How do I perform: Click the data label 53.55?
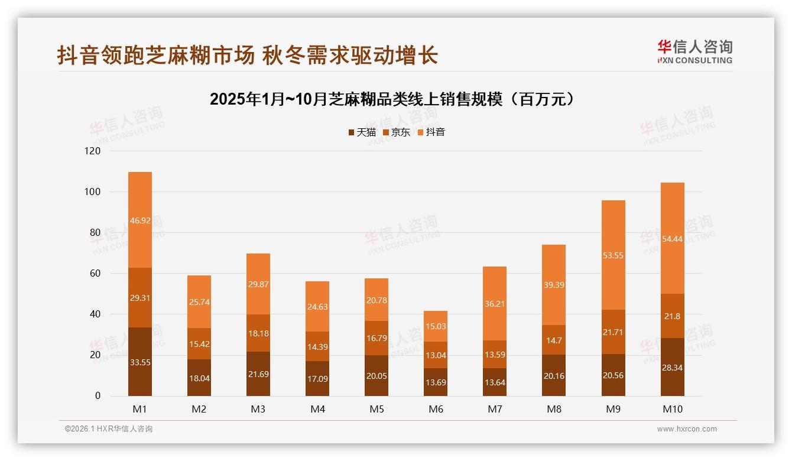click(613, 255)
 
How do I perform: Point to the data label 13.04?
click(436, 355)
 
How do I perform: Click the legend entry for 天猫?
click(362, 132)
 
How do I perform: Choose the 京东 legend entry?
click(397, 132)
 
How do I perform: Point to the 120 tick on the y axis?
click(93, 151)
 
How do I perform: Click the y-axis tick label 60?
click(95, 274)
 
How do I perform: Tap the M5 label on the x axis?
click(376, 409)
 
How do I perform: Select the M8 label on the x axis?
click(554, 409)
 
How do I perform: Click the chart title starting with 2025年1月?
click(392, 99)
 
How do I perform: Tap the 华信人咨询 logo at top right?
click(694, 51)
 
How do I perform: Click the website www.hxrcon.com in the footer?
click(687, 429)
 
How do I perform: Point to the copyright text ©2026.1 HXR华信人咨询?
click(109, 429)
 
